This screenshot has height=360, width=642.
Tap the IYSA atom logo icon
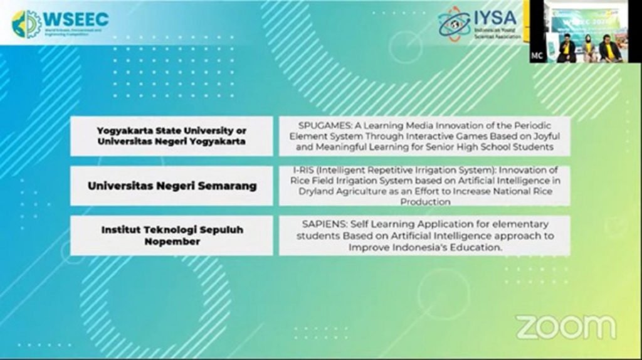tap(455, 24)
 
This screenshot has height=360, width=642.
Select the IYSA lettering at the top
tap(495, 16)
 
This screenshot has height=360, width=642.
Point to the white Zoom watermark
tap(566, 327)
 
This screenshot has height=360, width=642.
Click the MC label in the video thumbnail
tap(537, 56)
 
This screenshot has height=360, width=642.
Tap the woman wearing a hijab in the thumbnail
tap(589, 48)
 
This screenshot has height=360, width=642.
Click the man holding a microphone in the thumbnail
tap(567, 48)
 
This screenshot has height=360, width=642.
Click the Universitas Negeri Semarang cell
tap(171, 186)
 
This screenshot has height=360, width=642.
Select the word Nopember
tap(172, 241)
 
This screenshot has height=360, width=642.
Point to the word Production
tap(425, 202)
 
